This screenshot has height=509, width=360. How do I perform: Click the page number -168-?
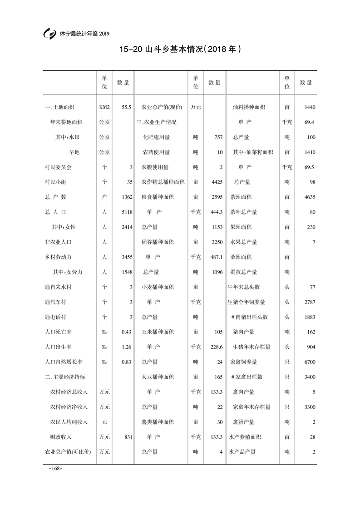(55, 468)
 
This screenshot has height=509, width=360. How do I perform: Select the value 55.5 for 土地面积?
(127, 108)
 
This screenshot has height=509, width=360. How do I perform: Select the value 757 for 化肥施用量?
(218, 137)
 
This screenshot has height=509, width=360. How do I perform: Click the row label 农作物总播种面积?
(163, 182)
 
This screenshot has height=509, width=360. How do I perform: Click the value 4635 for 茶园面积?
(310, 197)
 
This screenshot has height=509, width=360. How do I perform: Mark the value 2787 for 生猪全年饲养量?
(310, 302)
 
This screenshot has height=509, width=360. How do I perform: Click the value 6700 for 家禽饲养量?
(310, 362)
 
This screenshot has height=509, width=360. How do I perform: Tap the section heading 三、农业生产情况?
(156, 122)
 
